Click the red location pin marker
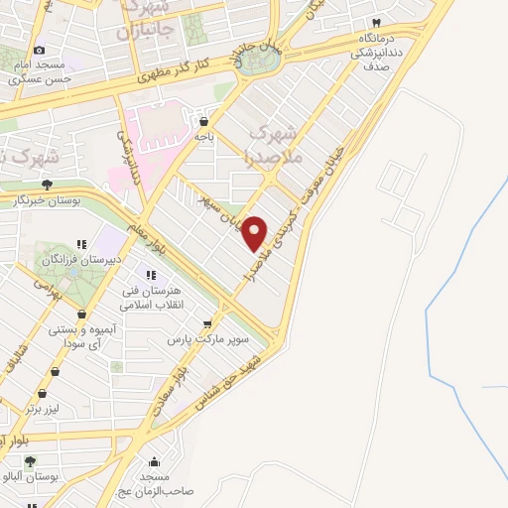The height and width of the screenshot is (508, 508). [x=255, y=233]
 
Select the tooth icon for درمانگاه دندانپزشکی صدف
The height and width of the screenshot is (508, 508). [x=376, y=22]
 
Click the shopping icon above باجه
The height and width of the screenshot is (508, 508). [x=204, y=120]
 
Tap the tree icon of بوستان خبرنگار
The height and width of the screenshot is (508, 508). [x=47, y=184]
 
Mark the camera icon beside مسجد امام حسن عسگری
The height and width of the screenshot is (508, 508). [x=39, y=51]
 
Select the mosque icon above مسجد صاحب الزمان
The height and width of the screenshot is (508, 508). [x=154, y=461]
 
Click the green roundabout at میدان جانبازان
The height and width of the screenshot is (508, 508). [x=260, y=61]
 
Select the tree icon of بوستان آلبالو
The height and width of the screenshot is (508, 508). [x=30, y=461]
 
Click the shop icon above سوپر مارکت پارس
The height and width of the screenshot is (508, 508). [x=206, y=323]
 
